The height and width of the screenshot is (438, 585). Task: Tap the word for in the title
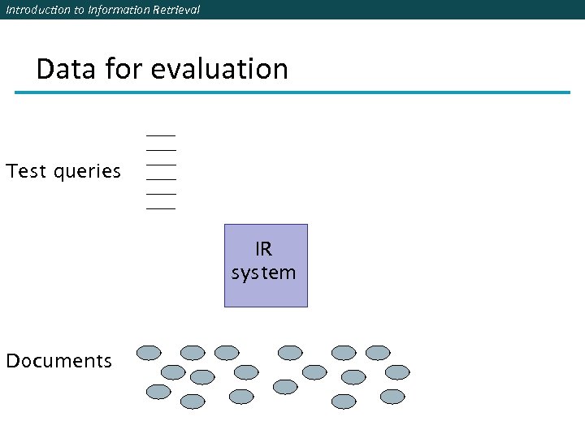[124, 69]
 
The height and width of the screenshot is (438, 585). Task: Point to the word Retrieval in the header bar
[173, 10]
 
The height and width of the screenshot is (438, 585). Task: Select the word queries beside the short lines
[87, 173]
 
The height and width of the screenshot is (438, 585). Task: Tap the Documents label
[58, 361]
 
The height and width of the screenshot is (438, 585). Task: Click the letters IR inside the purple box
[264, 248]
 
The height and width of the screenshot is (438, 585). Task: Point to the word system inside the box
[264, 273]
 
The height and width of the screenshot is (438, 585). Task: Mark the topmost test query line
[161, 135]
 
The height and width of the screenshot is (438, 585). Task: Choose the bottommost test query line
[161, 208]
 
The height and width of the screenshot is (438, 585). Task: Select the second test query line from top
[161, 150]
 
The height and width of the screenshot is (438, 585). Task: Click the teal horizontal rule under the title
[292, 92]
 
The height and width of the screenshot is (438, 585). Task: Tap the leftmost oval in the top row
[149, 353]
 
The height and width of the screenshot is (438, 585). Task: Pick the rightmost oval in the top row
[378, 353]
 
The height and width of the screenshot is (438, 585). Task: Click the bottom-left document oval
[158, 392]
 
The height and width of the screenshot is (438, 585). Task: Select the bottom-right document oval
[392, 397]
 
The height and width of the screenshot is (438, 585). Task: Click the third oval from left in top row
[227, 353]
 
